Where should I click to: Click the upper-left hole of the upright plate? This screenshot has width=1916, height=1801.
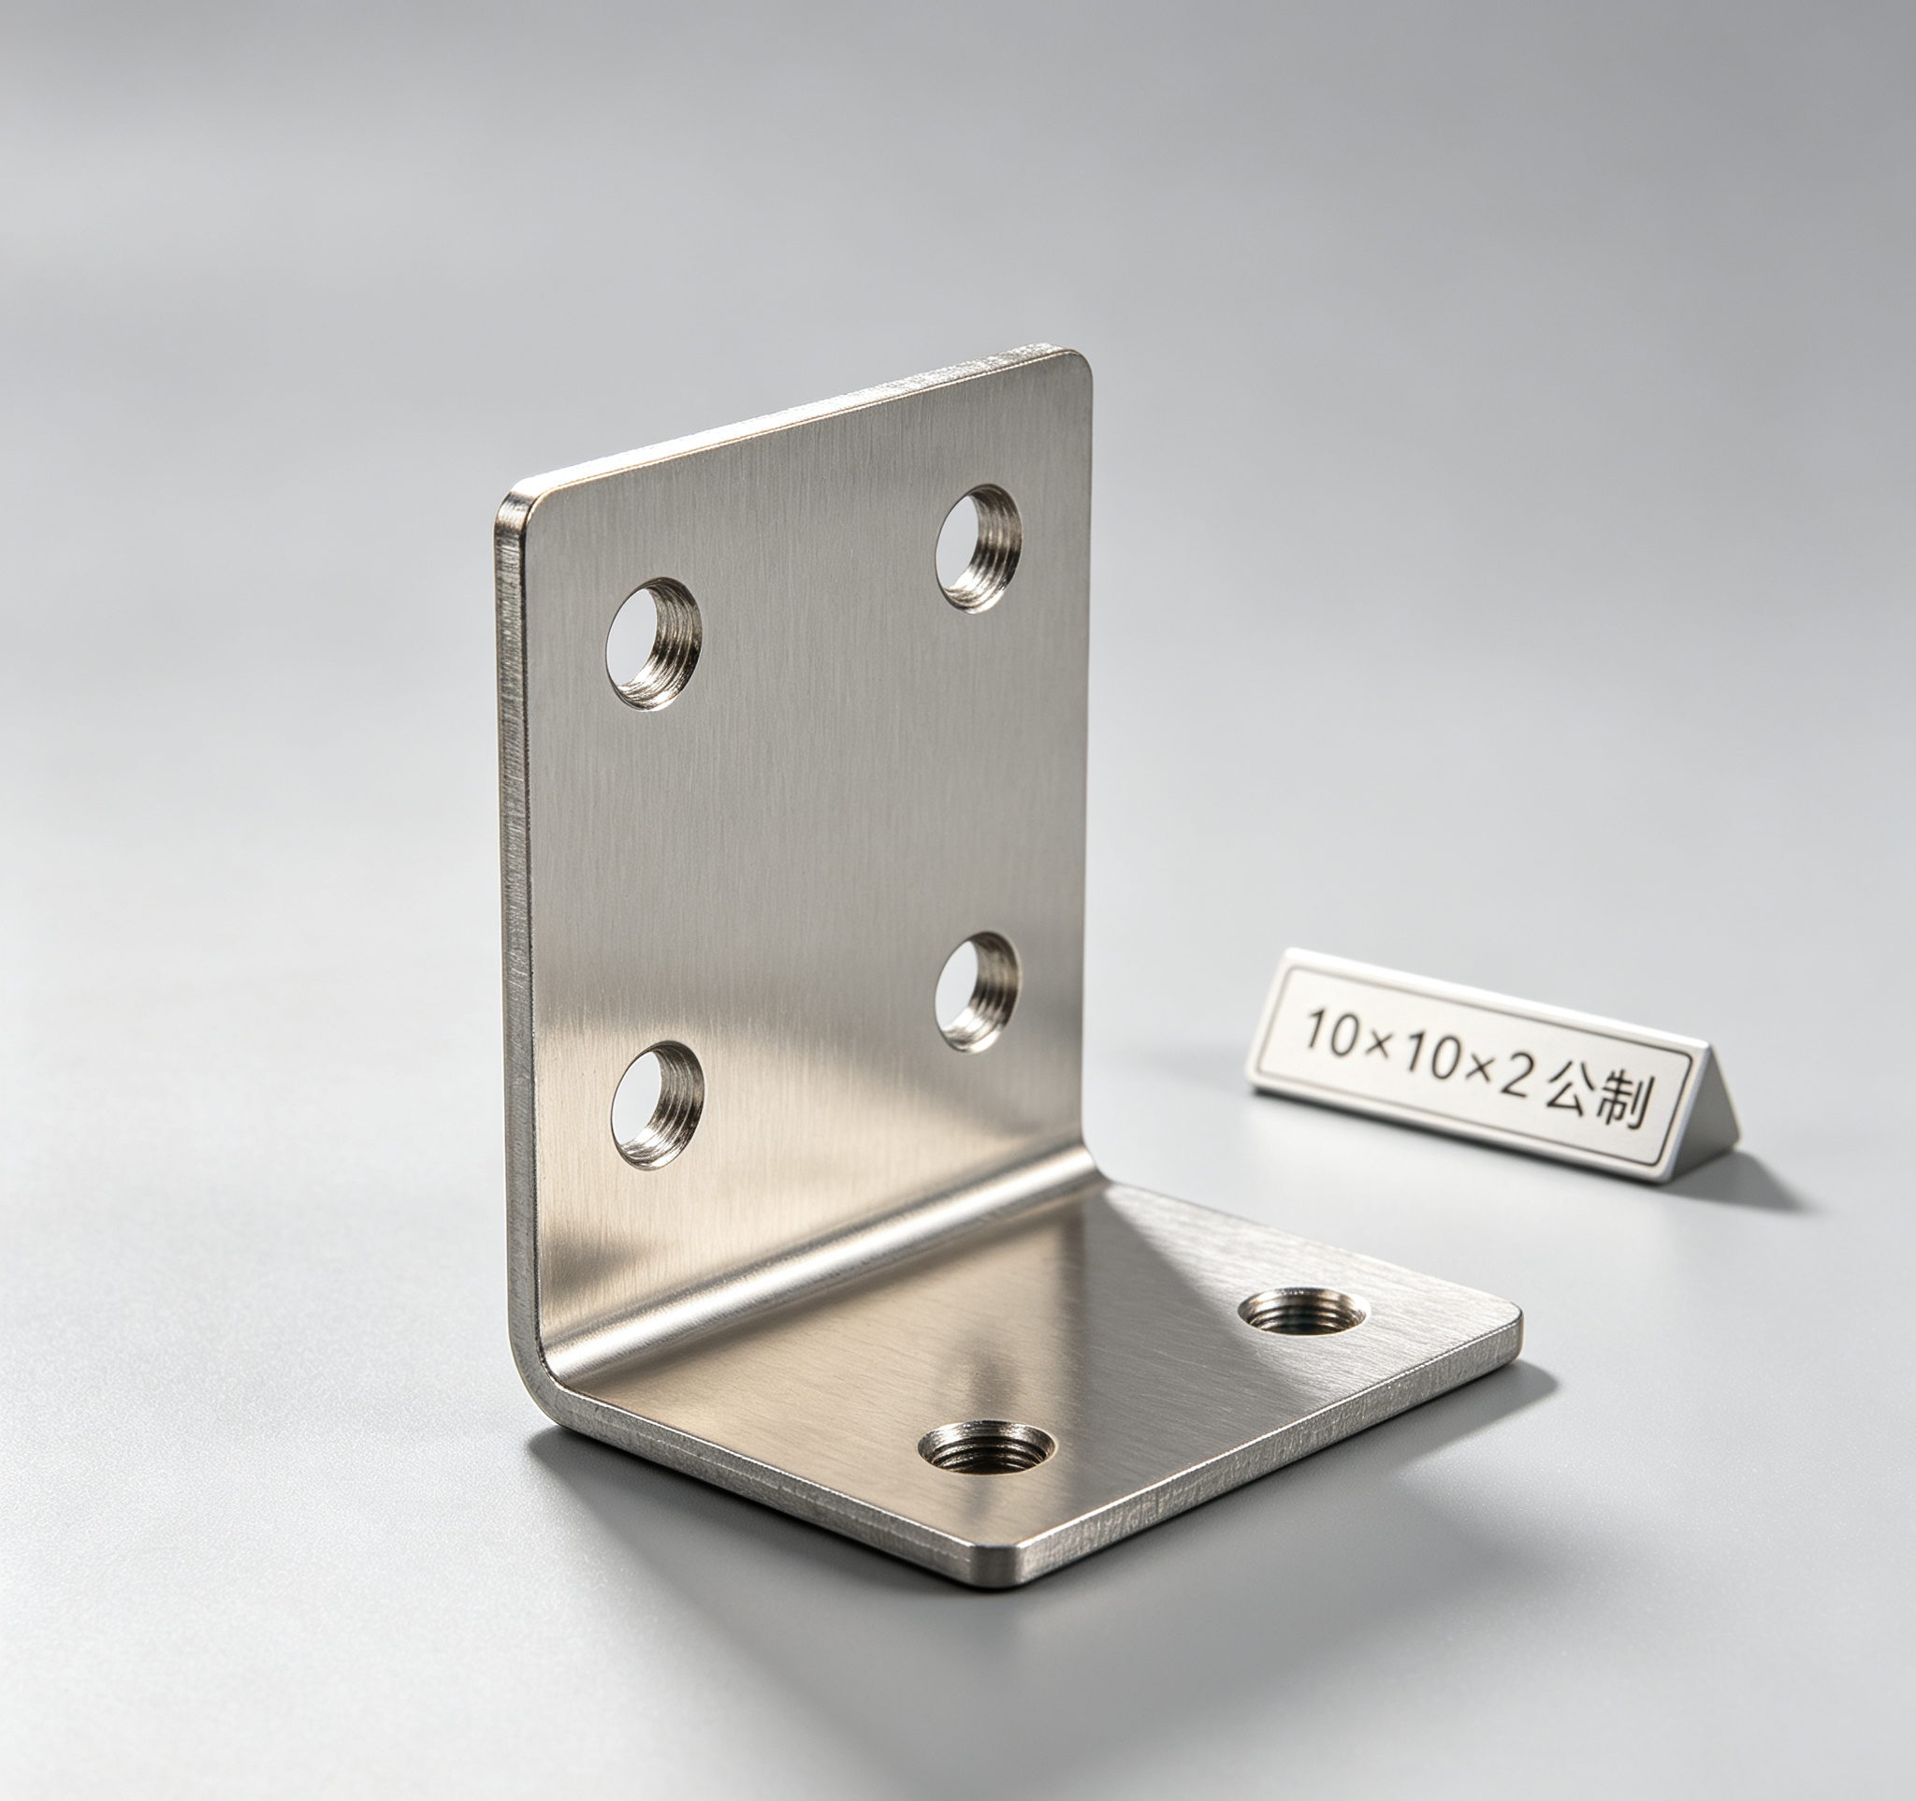pyautogui.click(x=653, y=644)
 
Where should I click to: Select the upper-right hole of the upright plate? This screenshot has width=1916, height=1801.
pyautogui.click(x=979, y=548)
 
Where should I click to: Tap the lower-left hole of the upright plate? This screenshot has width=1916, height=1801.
pyautogui.click(x=658, y=1104)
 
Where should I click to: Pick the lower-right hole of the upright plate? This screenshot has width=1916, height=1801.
pyautogui.click(x=979, y=992)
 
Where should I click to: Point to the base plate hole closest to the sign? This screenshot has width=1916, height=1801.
pyautogui.click(x=1301, y=1312)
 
